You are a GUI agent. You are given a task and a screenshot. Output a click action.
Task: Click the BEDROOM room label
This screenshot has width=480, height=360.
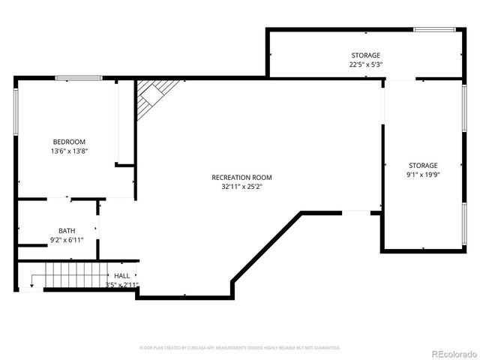pyautogui.click(x=69, y=142)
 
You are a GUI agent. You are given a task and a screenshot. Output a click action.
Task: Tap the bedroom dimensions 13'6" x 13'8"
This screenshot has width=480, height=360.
pyautogui.click(x=69, y=151)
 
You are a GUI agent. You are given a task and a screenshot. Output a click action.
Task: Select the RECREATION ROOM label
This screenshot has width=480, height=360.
pyautogui.click(x=241, y=178)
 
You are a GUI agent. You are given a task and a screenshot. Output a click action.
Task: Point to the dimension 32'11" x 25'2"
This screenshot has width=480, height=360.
pyautogui.click(x=241, y=187)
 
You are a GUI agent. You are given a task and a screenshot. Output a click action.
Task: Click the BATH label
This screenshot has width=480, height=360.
pyautogui.click(x=67, y=230)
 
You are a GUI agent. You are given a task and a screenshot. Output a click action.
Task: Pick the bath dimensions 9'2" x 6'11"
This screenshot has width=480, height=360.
pyautogui.click(x=67, y=240)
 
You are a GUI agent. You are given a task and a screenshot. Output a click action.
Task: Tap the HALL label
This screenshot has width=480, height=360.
pyautogui.click(x=121, y=276)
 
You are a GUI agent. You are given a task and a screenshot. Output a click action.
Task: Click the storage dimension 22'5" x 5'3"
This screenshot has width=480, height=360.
pyautogui.click(x=366, y=64)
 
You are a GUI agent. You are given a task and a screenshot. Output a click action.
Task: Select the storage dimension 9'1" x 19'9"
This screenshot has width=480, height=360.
pyautogui.click(x=423, y=175)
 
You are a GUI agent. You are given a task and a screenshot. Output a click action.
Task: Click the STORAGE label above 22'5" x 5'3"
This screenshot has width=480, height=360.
pyautogui.click(x=366, y=55)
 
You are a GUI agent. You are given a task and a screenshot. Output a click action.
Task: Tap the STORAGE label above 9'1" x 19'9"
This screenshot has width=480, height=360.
pyautogui.click(x=423, y=165)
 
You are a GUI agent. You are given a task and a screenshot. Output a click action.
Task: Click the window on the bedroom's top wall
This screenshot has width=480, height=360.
pyautogui.click(x=79, y=77)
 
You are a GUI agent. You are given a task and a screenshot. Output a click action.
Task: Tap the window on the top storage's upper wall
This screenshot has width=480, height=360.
pyautogui.click(x=434, y=29)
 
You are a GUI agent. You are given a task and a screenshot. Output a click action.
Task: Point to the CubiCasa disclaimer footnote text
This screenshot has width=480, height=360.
pyautogui.click(x=240, y=348)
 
